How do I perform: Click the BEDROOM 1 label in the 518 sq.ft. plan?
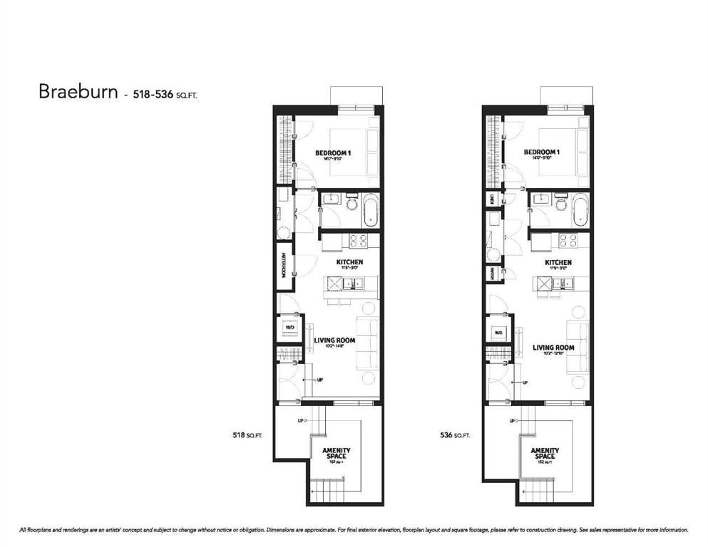[333, 152]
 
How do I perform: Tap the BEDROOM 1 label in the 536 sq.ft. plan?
[541, 152]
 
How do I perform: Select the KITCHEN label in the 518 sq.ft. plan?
[349, 262]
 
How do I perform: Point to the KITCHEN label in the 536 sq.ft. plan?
[558, 262]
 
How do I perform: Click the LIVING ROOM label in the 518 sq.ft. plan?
[334, 340]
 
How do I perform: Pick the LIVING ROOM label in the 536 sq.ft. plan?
[553, 348]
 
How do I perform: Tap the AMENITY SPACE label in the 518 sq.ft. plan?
[336, 454]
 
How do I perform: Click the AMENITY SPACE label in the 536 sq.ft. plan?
[545, 454]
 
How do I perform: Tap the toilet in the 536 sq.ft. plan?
[560, 207]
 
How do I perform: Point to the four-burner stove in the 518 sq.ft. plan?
[358, 241]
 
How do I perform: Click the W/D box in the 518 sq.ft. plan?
[290, 329]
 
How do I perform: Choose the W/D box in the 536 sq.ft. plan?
[498, 333]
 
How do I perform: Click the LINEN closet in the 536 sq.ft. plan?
[492, 200]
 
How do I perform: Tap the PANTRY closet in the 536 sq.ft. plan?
[492, 272]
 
